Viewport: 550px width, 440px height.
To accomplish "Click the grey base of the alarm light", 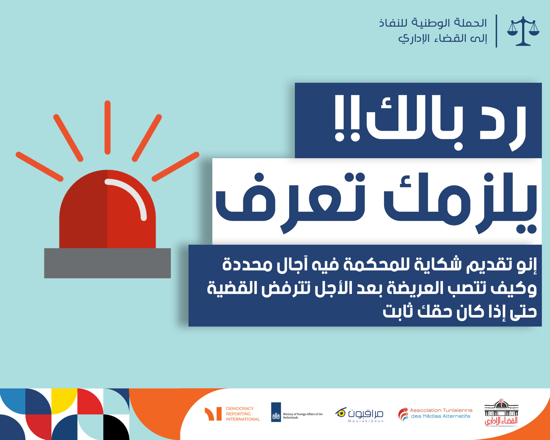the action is pos(107,263).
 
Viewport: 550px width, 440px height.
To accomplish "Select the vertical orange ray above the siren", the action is pos(108,127).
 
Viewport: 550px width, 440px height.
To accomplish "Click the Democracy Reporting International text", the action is pos(243,414).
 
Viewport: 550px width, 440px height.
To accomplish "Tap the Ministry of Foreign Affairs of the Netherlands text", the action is pos(302,416).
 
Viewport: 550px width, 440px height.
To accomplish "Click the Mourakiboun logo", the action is pos(359,414).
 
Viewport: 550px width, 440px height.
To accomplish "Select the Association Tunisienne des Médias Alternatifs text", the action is pos(441,413).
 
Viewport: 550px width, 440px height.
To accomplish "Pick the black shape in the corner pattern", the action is pos(116,427).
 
